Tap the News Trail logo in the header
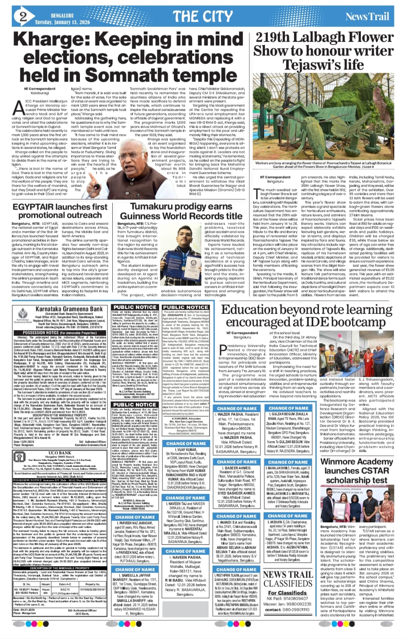click(367, 16)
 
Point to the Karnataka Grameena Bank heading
click(69, 309)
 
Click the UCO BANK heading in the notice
click(60, 453)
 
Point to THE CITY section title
click(203, 16)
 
